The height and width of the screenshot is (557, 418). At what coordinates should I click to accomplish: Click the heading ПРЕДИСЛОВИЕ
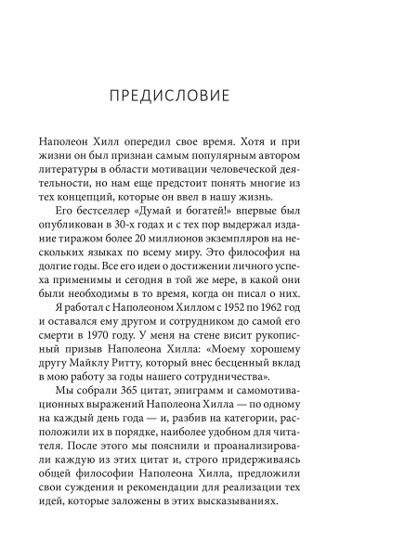click(208, 97)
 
